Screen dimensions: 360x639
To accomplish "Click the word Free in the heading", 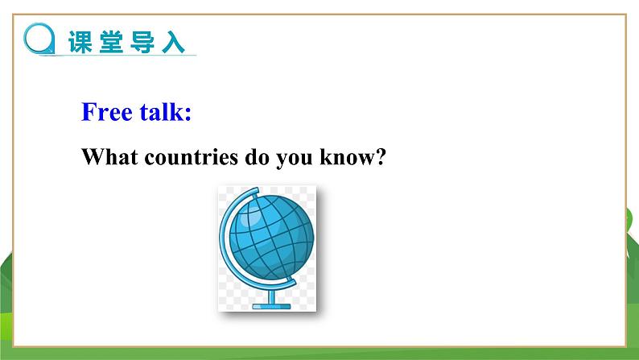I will click(x=106, y=112).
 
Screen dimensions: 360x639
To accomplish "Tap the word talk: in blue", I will click(x=166, y=112).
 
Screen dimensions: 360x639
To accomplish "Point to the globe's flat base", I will click(x=270, y=305).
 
